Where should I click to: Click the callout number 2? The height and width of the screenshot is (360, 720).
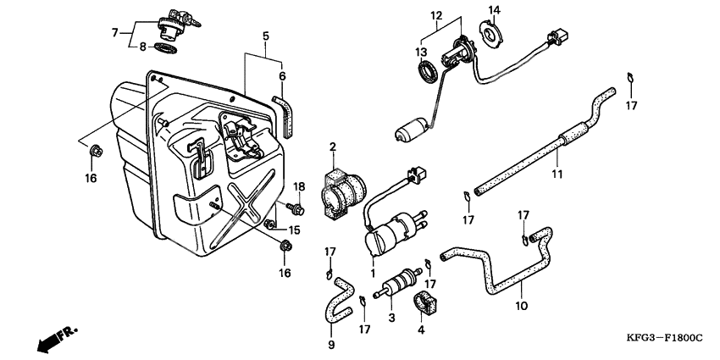click(x=333, y=147)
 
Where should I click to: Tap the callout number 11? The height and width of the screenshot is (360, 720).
click(x=557, y=174)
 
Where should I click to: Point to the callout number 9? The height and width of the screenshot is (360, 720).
click(x=331, y=345)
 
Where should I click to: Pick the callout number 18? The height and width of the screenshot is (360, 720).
click(x=298, y=186)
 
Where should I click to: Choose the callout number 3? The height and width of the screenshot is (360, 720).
click(x=391, y=317)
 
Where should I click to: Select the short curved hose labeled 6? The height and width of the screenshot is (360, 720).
click(x=284, y=114)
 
